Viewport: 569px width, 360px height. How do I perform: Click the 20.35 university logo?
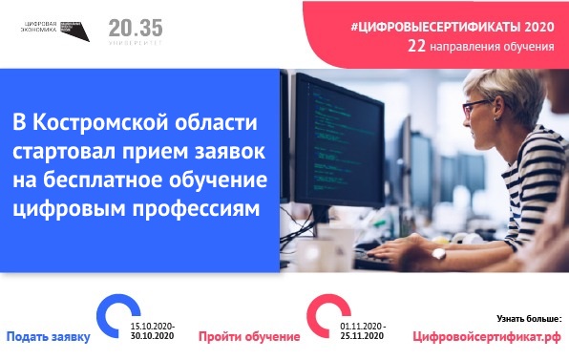coord(136,32)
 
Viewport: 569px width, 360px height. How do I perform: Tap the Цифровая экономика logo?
coord(54,31)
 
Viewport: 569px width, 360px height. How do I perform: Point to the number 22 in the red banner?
coord(416,47)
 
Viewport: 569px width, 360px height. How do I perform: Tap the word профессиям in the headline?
coord(196,210)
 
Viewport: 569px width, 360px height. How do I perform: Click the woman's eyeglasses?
coord(476,107)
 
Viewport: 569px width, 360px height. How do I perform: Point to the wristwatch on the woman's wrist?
coord(438,253)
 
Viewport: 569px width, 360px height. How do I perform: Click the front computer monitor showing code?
coord(339,141)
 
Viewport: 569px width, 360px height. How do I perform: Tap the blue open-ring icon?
coord(117,316)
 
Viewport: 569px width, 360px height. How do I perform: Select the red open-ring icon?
coord(327,316)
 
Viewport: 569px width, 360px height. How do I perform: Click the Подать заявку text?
coord(49,337)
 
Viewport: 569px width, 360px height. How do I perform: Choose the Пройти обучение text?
coord(249,337)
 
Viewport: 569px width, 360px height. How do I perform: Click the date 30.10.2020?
coord(153,336)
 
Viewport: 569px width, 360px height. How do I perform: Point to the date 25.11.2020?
coord(362,336)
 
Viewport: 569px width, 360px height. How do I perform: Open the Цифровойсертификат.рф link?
coord(487,337)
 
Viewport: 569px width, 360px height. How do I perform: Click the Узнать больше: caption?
coord(529,319)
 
